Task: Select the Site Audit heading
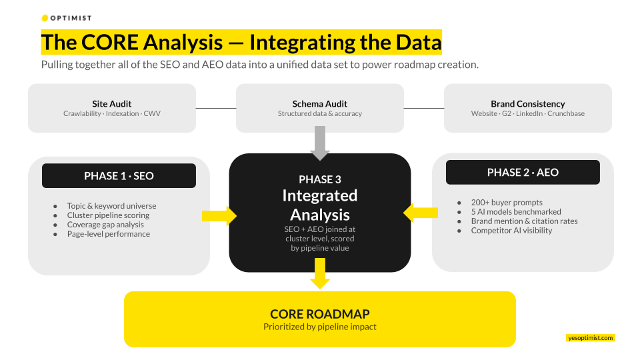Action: (x=111, y=103)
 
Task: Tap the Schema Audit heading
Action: (x=319, y=103)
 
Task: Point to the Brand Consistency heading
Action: (x=527, y=103)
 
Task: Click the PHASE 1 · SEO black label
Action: (x=119, y=176)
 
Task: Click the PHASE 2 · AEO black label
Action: (x=523, y=172)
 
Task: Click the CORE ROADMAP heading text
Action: (x=319, y=314)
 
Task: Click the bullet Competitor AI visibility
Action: (x=511, y=230)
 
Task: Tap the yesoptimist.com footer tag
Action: (x=590, y=338)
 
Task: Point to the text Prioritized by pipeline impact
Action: (x=319, y=327)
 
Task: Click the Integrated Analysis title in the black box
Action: (x=320, y=205)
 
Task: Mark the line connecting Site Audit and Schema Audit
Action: (x=216, y=108)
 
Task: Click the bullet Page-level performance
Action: (x=109, y=234)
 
